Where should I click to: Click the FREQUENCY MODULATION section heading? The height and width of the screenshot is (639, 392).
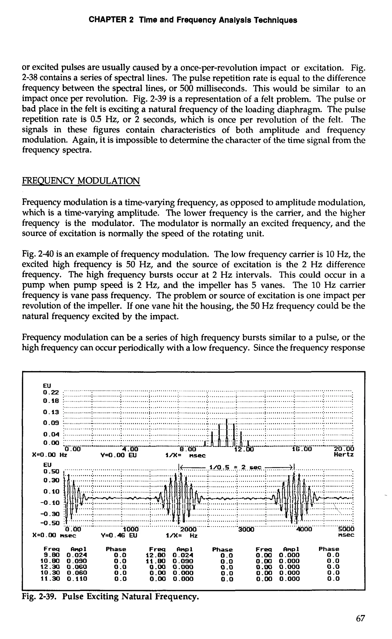pos(81,181)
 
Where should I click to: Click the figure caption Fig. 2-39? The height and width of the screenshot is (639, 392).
pos(110,597)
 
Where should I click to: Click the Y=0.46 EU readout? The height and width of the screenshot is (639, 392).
pos(118,536)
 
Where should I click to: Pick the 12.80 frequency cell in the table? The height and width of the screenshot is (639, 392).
pos(157,555)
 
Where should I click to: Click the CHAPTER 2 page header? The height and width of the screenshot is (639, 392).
pos(193,20)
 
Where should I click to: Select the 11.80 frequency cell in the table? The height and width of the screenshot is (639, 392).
pos(157,561)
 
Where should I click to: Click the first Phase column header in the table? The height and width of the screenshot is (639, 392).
pos(116,549)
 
